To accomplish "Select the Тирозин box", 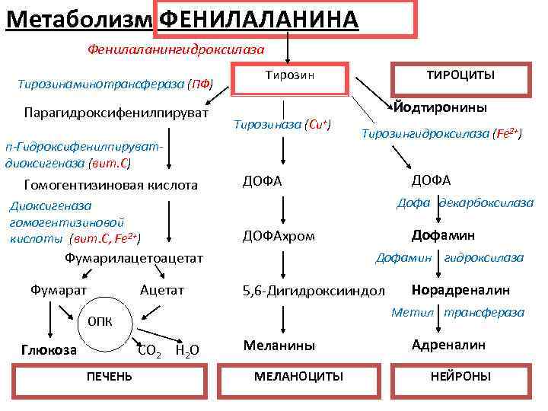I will [289, 77].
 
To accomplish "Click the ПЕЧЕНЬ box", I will [109, 376].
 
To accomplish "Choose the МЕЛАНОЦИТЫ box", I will [298, 376].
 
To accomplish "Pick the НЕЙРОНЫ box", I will [460, 376].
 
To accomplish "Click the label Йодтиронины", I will [441, 108].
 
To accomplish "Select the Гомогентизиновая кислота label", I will [110, 185].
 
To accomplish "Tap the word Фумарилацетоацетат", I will [135, 258].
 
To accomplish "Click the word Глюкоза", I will [49, 349].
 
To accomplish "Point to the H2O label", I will [186, 350].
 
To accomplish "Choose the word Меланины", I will [279, 345].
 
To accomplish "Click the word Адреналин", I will [448, 344].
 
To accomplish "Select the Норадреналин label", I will [460, 289].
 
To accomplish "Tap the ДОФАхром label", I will [278, 235].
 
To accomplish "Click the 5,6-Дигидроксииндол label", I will [314, 291].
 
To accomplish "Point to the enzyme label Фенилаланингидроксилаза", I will [176, 49].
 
